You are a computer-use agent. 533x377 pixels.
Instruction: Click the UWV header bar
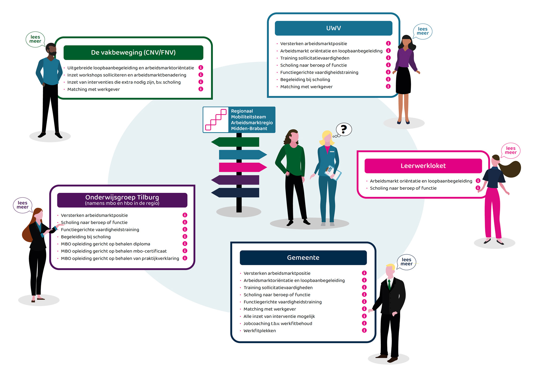333,28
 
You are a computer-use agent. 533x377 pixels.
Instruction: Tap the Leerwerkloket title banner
423,166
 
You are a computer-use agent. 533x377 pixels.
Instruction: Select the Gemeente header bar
303,257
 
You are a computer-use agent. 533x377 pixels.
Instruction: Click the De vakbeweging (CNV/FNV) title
133,53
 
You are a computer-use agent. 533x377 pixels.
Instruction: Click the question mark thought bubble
344,129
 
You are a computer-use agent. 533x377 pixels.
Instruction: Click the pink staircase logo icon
216,120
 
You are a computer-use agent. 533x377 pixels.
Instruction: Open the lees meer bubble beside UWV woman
423,31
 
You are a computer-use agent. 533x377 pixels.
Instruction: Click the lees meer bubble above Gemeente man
406,262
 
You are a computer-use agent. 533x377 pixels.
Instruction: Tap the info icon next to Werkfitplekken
364,330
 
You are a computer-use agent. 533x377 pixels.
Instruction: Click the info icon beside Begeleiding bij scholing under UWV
388,79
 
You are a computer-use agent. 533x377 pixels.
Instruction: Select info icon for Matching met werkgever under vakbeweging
201,89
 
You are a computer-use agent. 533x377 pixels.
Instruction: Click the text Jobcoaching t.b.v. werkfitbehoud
278,323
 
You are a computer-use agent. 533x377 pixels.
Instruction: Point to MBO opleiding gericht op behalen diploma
106,244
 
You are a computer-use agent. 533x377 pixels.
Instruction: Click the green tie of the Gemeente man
389,284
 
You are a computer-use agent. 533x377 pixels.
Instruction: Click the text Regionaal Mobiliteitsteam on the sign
248,114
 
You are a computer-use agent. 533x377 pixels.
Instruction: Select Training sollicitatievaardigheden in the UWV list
315,58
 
